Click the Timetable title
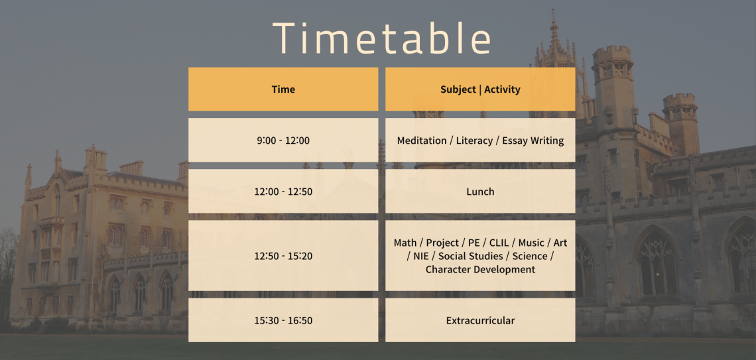[x=381, y=38]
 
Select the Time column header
[x=283, y=89]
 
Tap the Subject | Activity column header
[x=480, y=89]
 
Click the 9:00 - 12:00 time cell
[x=283, y=141]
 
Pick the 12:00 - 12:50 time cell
[x=283, y=192]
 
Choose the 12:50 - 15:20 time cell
[x=283, y=256]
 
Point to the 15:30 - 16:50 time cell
[x=283, y=320]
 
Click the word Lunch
[x=480, y=192]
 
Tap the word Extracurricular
[x=480, y=320]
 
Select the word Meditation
[x=422, y=141]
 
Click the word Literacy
[x=474, y=141]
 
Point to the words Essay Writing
[x=533, y=141]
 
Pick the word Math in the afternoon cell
[x=405, y=243]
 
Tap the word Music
[x=531, y=243]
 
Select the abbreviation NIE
[x=421, y=256]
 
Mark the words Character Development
[x=480, y=269]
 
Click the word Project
[x=442, y=243]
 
